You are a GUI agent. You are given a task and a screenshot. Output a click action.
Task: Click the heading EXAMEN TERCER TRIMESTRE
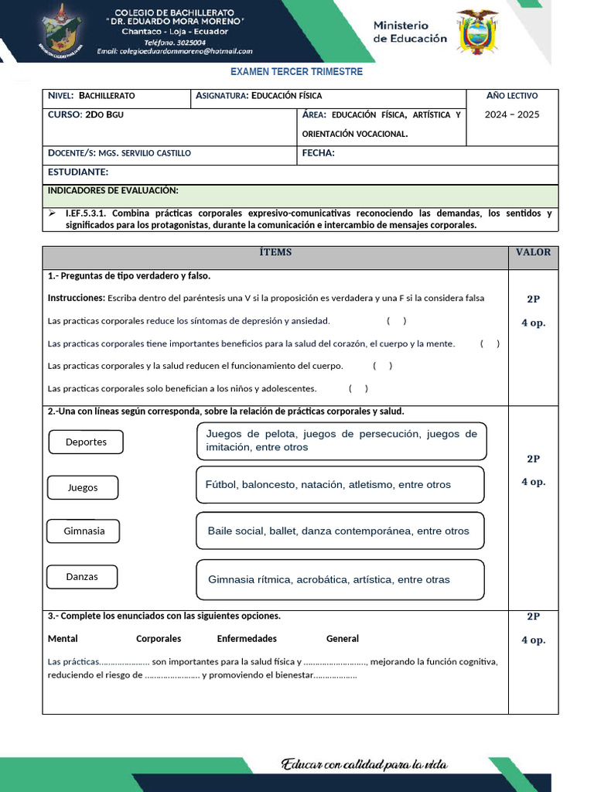pos(297,72)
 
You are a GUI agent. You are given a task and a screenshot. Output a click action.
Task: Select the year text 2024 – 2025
pos(512,114)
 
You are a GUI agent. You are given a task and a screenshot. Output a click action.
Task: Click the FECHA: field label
pos(318,153)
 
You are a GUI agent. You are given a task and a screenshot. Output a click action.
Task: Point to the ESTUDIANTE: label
pos(78,172)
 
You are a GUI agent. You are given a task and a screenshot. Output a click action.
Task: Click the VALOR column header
pos(533,252)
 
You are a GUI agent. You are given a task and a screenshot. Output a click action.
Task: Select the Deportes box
pos(86,442)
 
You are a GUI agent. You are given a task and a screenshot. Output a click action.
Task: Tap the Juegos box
pos(83,488)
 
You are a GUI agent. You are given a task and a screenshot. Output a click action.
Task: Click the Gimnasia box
pos(84,531)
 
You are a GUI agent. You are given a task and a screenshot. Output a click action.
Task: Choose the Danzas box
pos(82,577)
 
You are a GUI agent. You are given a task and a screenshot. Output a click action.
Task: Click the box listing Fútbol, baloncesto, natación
pos(340,484)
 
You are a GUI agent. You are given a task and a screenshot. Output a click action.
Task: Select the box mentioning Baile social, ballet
pos(340,531)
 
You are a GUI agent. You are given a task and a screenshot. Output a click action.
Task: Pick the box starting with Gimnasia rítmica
pos(340,579)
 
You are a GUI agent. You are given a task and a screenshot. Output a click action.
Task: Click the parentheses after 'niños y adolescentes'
pos(358,388)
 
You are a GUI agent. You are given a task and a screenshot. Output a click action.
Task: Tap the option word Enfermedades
pos(247,639)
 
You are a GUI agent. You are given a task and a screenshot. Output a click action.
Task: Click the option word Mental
pos(63,639)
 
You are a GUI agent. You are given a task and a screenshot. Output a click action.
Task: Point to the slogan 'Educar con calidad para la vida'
pos(364,765)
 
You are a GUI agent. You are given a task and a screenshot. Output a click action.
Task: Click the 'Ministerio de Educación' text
pos(410,32)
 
